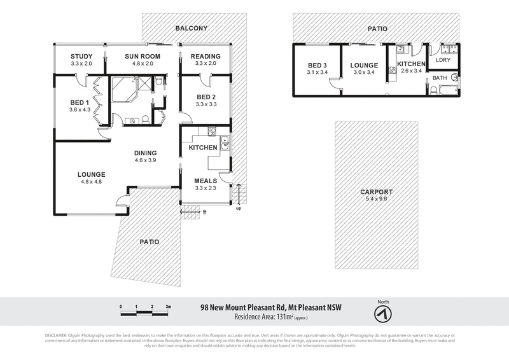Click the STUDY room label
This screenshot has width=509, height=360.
tap(81, 57)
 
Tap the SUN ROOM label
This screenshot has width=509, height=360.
tap(141, 57)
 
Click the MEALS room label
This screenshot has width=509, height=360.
tap(206, 181)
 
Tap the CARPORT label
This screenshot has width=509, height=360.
tap(375, 192)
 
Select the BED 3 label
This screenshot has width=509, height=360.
tap(316, 66)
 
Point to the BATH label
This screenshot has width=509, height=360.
tap(440, 78)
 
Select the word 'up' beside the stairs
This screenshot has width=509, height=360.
tap(238, 208)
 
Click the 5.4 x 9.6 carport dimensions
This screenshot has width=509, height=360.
tap(375, 199)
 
